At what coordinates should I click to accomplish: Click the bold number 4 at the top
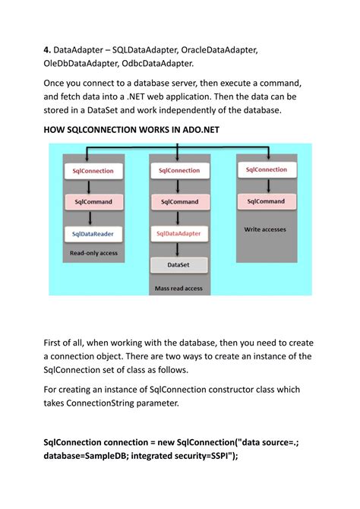point(46,49)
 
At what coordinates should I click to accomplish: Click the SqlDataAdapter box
point(179,233)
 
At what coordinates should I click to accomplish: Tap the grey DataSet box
point(179,265)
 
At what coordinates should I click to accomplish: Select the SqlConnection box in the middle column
point(179,172)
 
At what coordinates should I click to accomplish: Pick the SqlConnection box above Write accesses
point(266,170)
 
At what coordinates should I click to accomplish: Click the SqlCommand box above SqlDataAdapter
point(179,202)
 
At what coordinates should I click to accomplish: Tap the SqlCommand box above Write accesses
point(266,201)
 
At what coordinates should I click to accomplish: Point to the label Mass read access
point(179,288)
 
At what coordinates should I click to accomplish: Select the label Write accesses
point(266,228)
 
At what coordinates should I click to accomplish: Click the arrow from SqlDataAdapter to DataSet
point(179,249)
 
